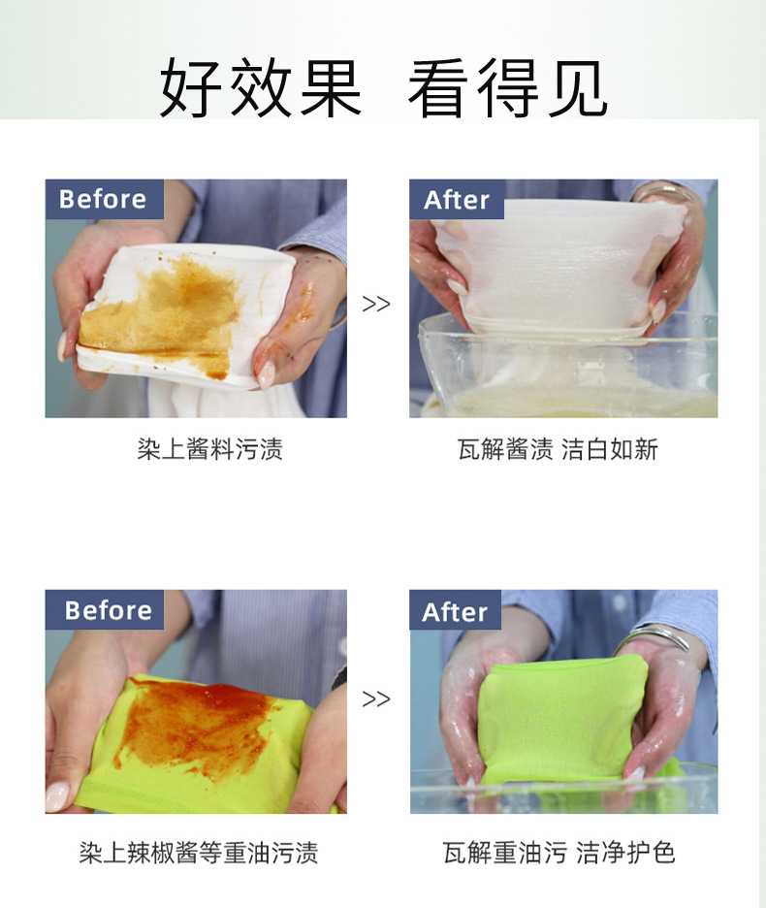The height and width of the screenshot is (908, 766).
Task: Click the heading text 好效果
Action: click(x=260, y=88)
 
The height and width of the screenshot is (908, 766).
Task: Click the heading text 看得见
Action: click(x=507, y=88)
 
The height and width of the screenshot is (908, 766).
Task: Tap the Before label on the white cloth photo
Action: click(x=103, y=199)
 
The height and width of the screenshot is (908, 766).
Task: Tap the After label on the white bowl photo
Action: click(x=457, y=200)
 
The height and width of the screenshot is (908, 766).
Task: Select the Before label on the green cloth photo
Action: click(x=108, y=610)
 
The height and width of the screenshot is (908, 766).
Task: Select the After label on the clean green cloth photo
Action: click(x=455, y=612)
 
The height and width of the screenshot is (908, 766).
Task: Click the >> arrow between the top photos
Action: click(x=376, y=304)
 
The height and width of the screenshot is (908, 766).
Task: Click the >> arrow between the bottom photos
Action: click(x=376, y=698)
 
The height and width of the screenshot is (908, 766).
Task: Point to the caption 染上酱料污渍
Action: click(x=209, y=449)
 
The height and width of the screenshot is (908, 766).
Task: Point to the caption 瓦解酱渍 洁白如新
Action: click(x=558, y=449)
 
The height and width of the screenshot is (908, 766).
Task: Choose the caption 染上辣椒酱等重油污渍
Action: click(x=198, y=853)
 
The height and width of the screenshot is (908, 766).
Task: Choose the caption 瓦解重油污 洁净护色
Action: click(x=559, y=853)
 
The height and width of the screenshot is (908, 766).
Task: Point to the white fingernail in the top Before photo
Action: click(x=265, y=374)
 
